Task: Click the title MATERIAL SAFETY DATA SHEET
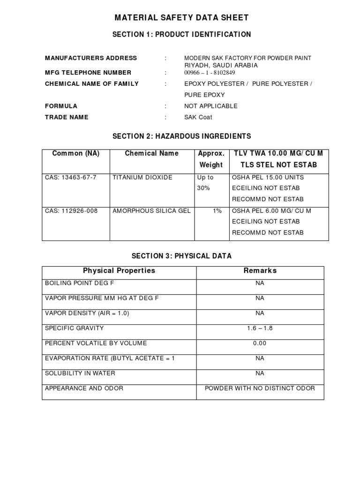click(182, 18)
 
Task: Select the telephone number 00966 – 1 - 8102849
click(210, 73)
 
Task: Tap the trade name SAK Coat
click(198, 117)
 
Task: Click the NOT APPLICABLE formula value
click(211, 106)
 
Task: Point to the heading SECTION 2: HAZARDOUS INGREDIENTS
click(182, 136)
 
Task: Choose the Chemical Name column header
click(152, 153)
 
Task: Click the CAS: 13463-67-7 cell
click(71, 177)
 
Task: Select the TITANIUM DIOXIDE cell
click(142, 177)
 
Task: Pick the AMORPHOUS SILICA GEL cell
click(151, 211)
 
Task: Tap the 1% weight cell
click(217, 211)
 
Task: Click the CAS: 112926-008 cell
click(71, 211)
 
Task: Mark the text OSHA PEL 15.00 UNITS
click(268, 177)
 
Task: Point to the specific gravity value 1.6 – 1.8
click(260, 328)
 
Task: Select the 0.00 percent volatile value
click(260, 343)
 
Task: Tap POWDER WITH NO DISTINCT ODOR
click(260, 388)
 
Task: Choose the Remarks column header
click(260, 270)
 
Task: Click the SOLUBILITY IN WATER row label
click(80, 373)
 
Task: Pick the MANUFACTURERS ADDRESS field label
click(91, 58)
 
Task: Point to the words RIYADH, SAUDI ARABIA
click(221, 66)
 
